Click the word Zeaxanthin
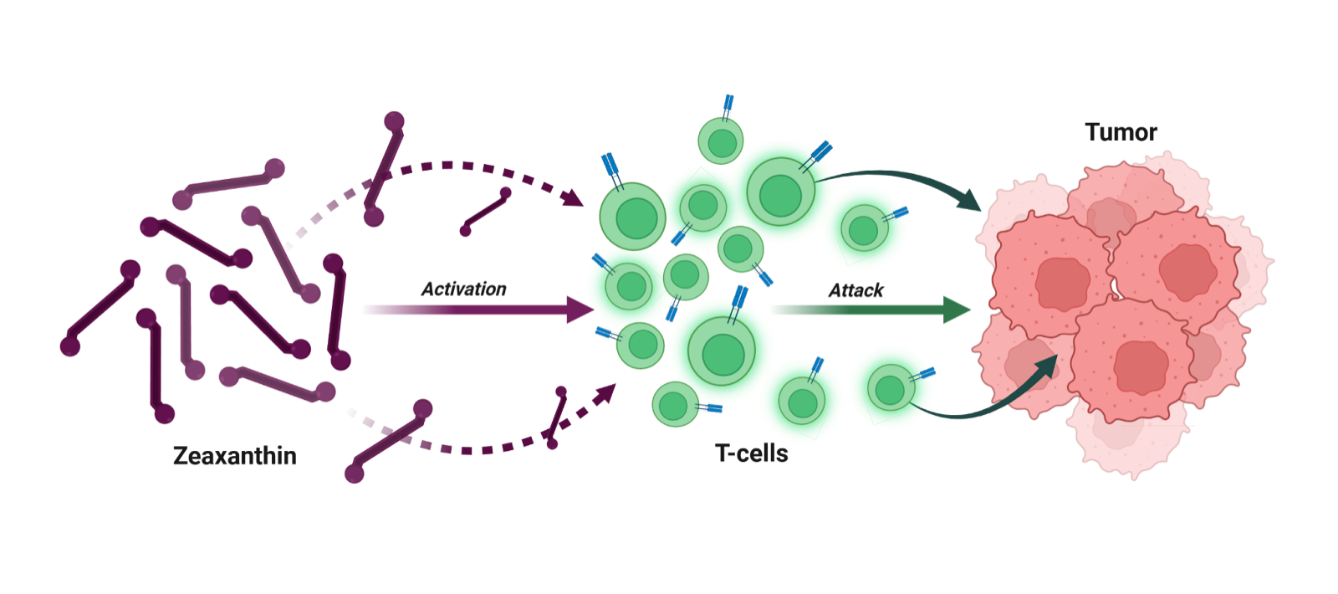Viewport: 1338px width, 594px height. point(234,456)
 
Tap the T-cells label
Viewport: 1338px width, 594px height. point(752,453)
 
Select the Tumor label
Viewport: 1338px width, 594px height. point(1121,131)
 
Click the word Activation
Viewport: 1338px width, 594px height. point(463,289)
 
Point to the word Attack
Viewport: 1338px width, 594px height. point(855,290)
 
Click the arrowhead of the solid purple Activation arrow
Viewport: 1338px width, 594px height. point(582,310)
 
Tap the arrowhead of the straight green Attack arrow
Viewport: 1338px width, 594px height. point(958,310)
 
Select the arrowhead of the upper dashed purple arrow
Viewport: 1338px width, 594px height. point(574,197)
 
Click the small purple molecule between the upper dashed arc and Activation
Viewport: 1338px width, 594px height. point(485,212)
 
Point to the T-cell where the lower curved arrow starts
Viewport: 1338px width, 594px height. point(890,389)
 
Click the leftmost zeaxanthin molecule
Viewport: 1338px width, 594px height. point(100,307)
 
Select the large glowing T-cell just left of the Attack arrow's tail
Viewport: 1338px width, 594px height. point(721,352)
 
